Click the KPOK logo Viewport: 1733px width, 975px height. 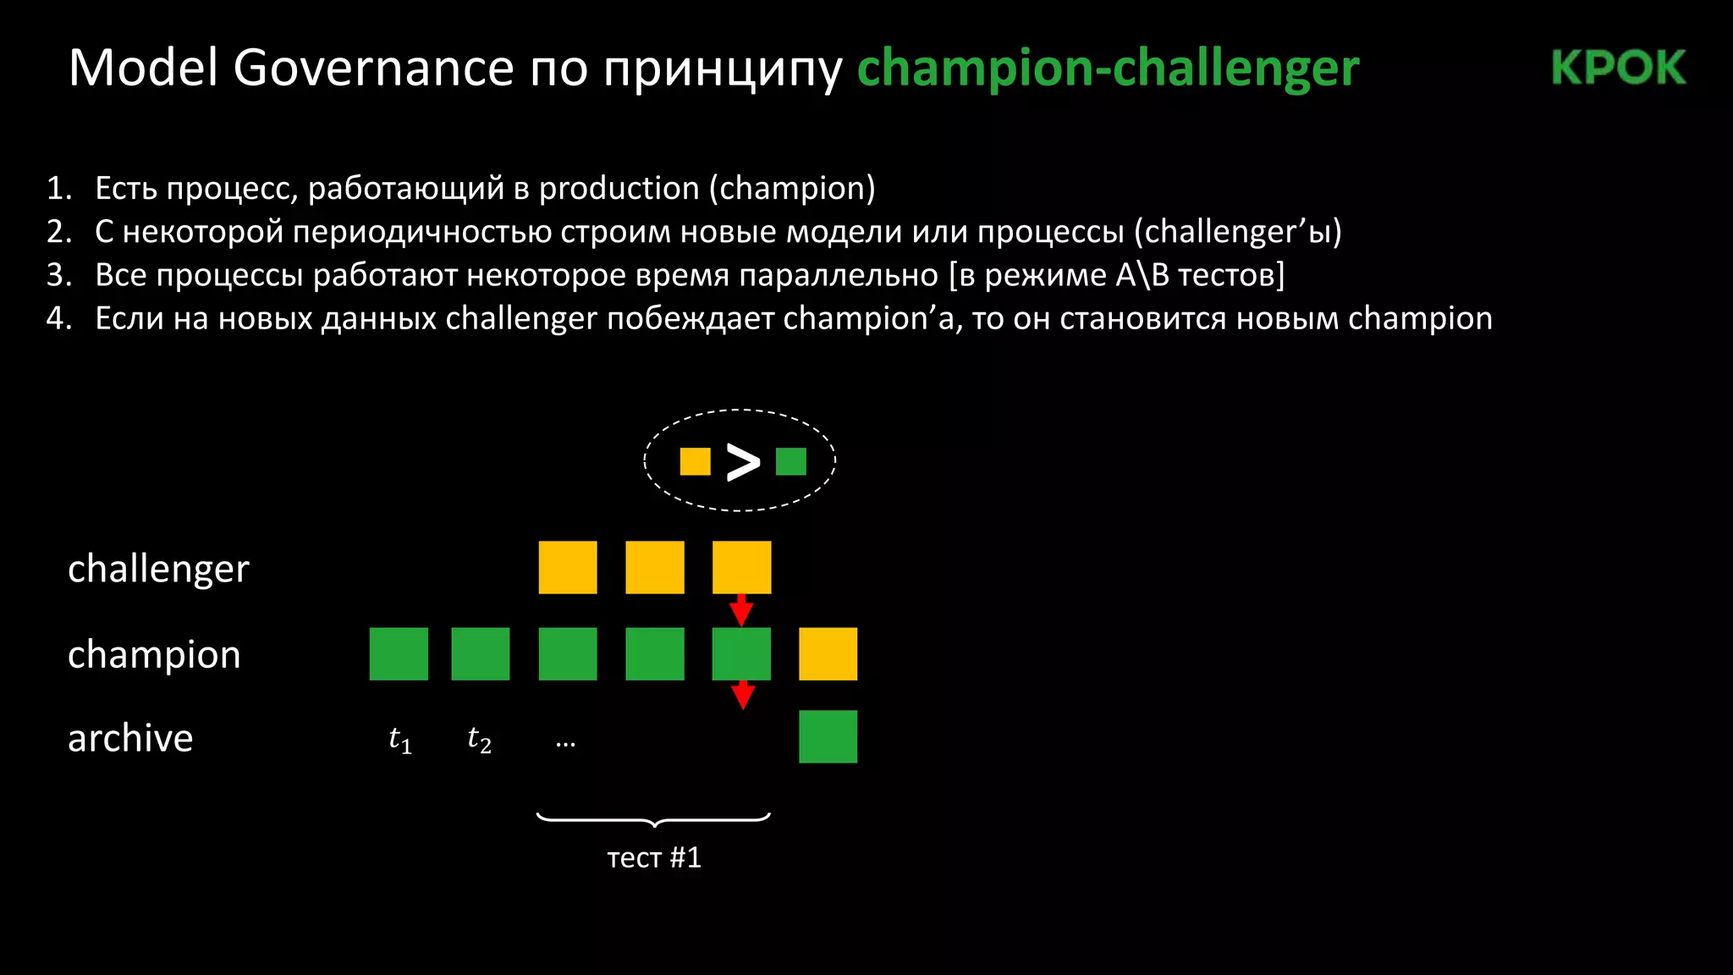(1618, 68)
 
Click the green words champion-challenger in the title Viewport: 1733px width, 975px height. (1108, 68)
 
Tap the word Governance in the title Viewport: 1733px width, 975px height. (373, 68)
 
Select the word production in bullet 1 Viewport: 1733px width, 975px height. (619, 188)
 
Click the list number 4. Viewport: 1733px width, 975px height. (58, 318)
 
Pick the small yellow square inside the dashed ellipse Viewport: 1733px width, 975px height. (695, 461)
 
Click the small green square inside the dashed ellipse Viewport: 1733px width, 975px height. (790, 461)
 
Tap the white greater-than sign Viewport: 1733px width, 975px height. (743, 462)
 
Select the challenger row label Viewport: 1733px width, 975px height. (158, 569)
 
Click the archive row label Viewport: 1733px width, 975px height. (130, 738)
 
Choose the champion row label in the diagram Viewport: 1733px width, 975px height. (154, 654)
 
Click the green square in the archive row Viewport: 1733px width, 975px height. (828, 736)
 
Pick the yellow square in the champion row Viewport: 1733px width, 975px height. (828, 653)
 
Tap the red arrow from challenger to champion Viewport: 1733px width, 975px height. (742, 609)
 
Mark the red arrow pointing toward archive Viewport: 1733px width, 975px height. (742, 695)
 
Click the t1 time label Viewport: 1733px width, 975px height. (399, 740)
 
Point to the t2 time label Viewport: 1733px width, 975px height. (479, 740)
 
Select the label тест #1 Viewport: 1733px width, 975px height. (654, 857)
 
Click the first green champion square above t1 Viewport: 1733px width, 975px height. (399, 653)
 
